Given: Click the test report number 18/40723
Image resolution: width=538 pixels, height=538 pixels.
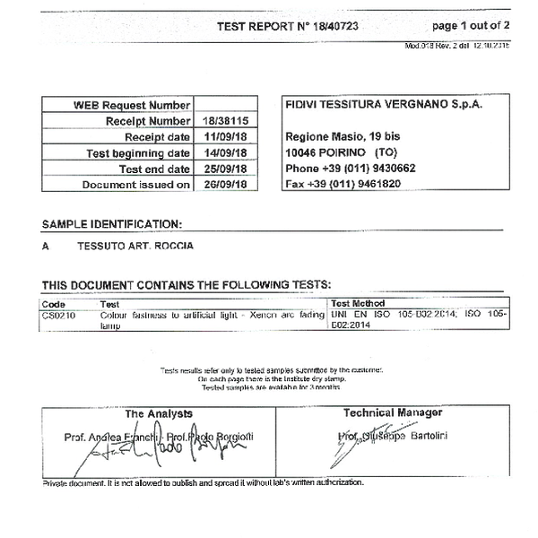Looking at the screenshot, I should pyautogui.click(x=339, y=26).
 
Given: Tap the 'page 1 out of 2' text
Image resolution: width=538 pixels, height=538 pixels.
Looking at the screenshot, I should pyautogui.click(x=470, y=26).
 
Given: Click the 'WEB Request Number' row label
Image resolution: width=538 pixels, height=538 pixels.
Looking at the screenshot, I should pyautogui.click(x=132, y=105).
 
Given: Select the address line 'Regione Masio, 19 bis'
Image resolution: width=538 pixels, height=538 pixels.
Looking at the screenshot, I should pyautogui.click(x=343, y=136).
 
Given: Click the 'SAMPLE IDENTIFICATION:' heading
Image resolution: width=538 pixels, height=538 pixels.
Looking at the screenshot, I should pyautogui.click(x=111, y=224).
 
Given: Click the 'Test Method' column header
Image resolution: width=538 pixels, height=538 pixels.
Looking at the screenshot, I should pyautogui.click(x=359, y=304).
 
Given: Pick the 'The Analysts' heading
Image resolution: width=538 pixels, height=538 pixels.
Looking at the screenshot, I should pyautogui.click(x=159, y=413).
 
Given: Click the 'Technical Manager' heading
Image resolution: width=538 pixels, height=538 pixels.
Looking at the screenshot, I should pyautogui.click(x=393, y=412).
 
